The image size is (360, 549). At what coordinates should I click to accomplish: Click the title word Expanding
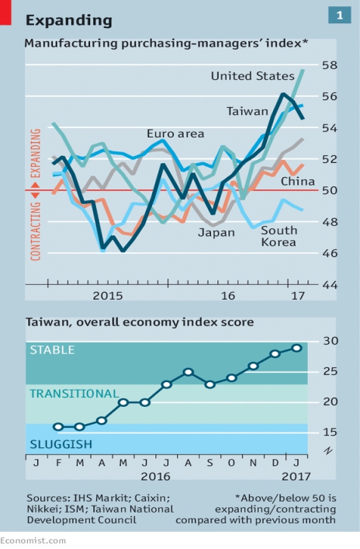click(x=69, y=21)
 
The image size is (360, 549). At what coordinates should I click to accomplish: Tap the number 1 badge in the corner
click(x=339, y=16)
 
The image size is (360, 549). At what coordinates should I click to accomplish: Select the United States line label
click(x=253, y=76)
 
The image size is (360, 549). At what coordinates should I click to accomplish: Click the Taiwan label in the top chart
click(x=247, y=111)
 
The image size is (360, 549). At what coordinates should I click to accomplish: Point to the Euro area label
click(x=175, y=134)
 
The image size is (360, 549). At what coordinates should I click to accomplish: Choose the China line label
click(x=298, y=182)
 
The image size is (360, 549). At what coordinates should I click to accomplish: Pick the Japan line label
click(x=216, y=233)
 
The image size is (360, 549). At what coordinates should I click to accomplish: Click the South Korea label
click(x=279, y=236)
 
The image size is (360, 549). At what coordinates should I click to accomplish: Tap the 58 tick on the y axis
click(x=330, y=65)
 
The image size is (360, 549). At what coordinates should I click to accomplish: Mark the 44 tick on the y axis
click(x=330, y=285)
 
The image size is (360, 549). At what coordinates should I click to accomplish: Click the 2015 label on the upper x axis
click(x=108, y=296)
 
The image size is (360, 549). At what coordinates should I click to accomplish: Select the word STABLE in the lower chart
click(x=52, y=350)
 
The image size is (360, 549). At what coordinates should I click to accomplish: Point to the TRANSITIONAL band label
click(x=74, y=394)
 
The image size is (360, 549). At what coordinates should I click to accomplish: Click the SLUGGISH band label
click(x=61, y=444)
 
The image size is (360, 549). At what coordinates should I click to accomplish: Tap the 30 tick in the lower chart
click(x=331, y=341)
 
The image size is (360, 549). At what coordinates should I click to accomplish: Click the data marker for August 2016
click(x=189, y=372)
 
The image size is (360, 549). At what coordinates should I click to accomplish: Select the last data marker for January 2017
click(x=296, y=348)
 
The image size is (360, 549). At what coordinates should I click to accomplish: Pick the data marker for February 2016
click(x=58, y=427)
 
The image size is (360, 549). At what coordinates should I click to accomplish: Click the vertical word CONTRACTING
click(x=36, y=231)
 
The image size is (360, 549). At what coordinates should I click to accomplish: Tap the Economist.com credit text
click(x=33, y=541)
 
